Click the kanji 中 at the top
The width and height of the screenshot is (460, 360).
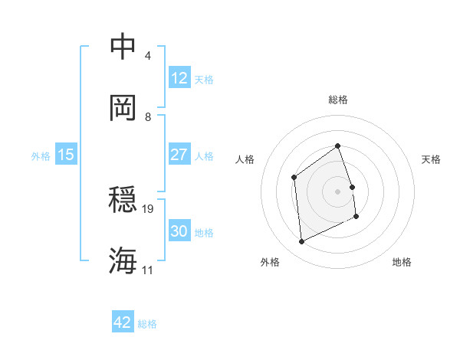(x=123, y=47)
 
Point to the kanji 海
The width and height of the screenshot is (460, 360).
(x=123, y=260)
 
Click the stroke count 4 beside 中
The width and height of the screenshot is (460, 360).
(x=147, y=56)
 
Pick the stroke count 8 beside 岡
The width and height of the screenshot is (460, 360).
(x=147, y=116)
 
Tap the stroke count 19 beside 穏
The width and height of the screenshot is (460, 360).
(x=149, y=208)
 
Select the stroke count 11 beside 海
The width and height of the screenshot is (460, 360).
(x=148, y=270)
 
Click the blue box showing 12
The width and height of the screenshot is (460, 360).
(x=179, y=78)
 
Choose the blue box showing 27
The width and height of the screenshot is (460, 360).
(x=179, y=155)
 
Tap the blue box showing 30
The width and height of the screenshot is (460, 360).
(x=179, y=231)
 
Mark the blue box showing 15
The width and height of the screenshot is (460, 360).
(x=66, y=155)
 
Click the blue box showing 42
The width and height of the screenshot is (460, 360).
(x=123, y=322)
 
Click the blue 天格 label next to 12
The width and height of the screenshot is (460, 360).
(x=204, y=80)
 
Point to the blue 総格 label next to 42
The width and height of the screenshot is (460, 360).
(x=147, y=324)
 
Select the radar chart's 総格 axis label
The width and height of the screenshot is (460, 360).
(x=337, y=100)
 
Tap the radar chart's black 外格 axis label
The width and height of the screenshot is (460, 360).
(x=270, y=263)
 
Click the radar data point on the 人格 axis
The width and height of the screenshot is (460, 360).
(x=294, y=178)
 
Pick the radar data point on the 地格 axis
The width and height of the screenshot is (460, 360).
(x=356, y=217)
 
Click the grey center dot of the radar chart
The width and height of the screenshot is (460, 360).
(x=337, y=191)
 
